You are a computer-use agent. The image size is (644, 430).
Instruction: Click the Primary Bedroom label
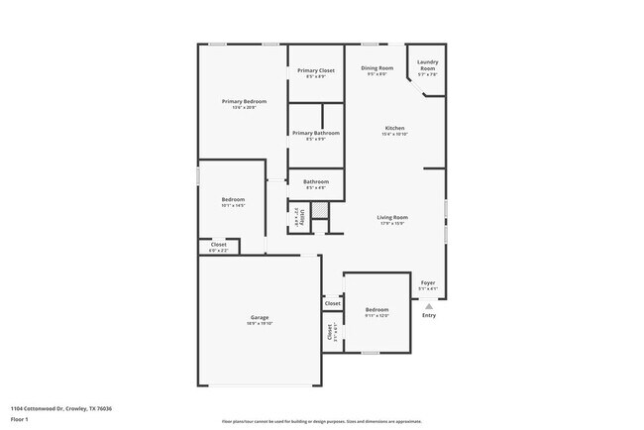244,102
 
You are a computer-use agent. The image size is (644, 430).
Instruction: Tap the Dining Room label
377,68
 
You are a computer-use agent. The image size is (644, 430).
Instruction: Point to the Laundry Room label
427,65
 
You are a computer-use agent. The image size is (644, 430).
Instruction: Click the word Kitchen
394,129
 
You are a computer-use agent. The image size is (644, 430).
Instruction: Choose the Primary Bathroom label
316,133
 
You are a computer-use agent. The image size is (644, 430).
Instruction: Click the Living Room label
392,217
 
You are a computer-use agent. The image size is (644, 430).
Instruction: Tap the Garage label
260,319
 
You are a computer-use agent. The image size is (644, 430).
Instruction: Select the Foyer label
428,283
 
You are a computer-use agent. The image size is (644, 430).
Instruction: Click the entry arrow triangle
428,306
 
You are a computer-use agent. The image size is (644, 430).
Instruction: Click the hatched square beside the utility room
319,210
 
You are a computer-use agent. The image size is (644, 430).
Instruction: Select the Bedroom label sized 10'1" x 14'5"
234,199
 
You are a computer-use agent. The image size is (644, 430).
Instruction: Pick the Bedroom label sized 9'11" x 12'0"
376,309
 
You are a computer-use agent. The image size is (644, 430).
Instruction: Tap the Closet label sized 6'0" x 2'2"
218,245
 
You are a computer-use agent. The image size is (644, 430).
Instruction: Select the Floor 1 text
20,419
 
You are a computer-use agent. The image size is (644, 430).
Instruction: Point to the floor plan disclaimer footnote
321,421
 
